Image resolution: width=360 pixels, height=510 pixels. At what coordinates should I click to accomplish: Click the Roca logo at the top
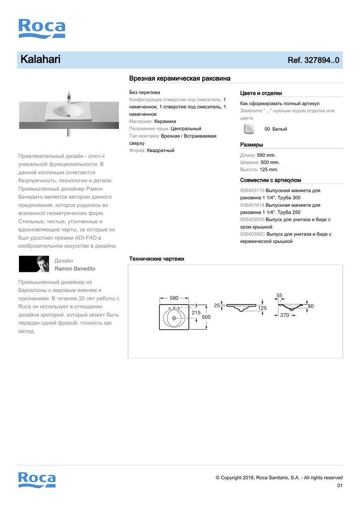(42, 28)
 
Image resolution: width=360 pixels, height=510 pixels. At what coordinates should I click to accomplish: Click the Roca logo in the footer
(37, 479)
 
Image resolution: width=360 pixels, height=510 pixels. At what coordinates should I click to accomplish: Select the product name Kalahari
(40, 60)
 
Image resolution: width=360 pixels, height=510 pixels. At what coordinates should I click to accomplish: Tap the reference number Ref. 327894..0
(313, 60)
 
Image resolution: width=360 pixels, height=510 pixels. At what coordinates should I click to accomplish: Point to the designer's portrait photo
(34, 264)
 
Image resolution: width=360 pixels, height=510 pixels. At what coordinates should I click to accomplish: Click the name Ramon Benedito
(75, 268)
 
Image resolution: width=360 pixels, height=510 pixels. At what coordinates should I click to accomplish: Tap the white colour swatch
(248, 129)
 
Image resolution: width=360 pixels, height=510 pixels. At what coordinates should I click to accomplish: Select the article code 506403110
(252, 190)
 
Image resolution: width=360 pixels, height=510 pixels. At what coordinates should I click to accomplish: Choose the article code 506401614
(252, 205)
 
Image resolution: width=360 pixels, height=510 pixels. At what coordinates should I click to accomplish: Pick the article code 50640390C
(252, 234)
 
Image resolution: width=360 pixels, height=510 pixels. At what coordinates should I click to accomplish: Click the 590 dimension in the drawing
(174, 298)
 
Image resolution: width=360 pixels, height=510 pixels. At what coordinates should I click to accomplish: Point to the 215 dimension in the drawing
(196, 313)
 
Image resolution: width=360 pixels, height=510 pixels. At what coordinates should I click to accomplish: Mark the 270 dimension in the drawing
(284, 315)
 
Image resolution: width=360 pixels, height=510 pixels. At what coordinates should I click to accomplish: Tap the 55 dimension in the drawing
(279, 295)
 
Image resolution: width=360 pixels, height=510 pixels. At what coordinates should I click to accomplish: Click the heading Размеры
(251, 145)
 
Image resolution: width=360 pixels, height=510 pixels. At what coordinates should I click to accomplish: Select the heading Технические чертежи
(156, 259)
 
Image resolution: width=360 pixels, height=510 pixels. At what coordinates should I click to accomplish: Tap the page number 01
(340, 486)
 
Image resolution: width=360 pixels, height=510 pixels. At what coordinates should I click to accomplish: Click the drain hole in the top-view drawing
(174, 317)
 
